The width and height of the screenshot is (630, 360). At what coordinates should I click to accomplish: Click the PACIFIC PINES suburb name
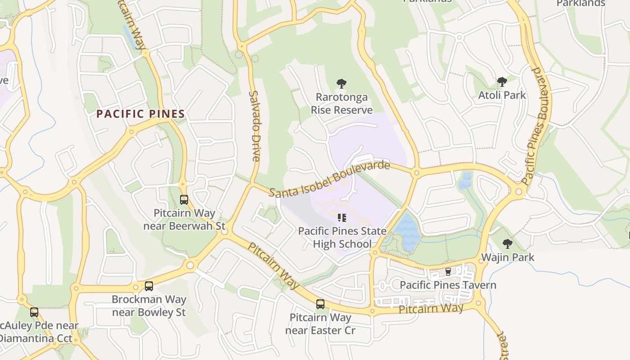(141, 114)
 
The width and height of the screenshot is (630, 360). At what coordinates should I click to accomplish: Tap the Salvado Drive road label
(254, 126)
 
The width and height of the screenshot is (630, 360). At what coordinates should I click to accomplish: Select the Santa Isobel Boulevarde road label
(329, 179)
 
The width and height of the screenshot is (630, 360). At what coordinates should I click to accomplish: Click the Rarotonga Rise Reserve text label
(342, 103)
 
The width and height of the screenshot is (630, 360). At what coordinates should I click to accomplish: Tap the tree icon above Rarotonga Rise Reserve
(342, 83)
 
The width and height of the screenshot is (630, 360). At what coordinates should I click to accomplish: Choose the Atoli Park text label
(502, 95)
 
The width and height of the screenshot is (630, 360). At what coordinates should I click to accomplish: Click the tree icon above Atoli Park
(502, 82)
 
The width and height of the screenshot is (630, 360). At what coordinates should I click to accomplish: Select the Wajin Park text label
(508, 257)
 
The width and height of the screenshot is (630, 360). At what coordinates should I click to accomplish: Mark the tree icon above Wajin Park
(508, 244)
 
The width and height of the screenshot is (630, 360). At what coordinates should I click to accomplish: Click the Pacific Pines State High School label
(342, 238)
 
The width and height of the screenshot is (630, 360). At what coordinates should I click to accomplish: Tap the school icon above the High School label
(342, 218)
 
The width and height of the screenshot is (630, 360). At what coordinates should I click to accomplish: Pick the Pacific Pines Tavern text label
(448, 285)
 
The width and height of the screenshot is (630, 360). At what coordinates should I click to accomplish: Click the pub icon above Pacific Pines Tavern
(448, 271)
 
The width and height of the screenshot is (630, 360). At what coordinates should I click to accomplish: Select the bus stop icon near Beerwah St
(184, 200)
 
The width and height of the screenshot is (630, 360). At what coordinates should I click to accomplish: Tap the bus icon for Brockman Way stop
(149, 286)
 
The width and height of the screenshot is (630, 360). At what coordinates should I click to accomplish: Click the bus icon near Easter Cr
(320, 304)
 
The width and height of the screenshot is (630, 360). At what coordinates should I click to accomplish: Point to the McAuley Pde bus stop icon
(34, 312)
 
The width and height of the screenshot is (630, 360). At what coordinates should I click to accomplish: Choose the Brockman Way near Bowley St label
(149, 306)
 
